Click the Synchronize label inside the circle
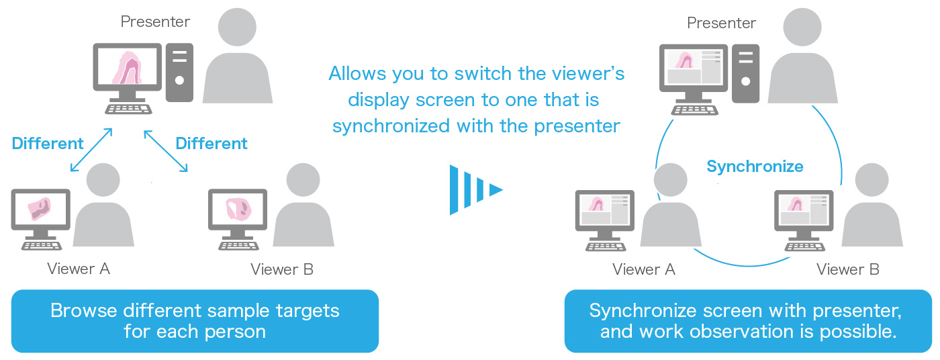[x=755, y=167]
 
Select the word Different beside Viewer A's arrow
[x=48, y=143]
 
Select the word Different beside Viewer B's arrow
[x=211, y=143]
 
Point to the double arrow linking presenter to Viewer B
[x=165, y=151]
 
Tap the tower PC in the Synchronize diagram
[x=745, y=73]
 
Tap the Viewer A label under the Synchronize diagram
[x=643, y=270]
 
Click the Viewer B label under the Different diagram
[x=282, y=270]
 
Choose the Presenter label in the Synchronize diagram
[x=721, y=23]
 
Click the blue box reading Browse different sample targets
[x=195, y=320]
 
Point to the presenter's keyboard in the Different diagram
[x=128, y=109]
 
